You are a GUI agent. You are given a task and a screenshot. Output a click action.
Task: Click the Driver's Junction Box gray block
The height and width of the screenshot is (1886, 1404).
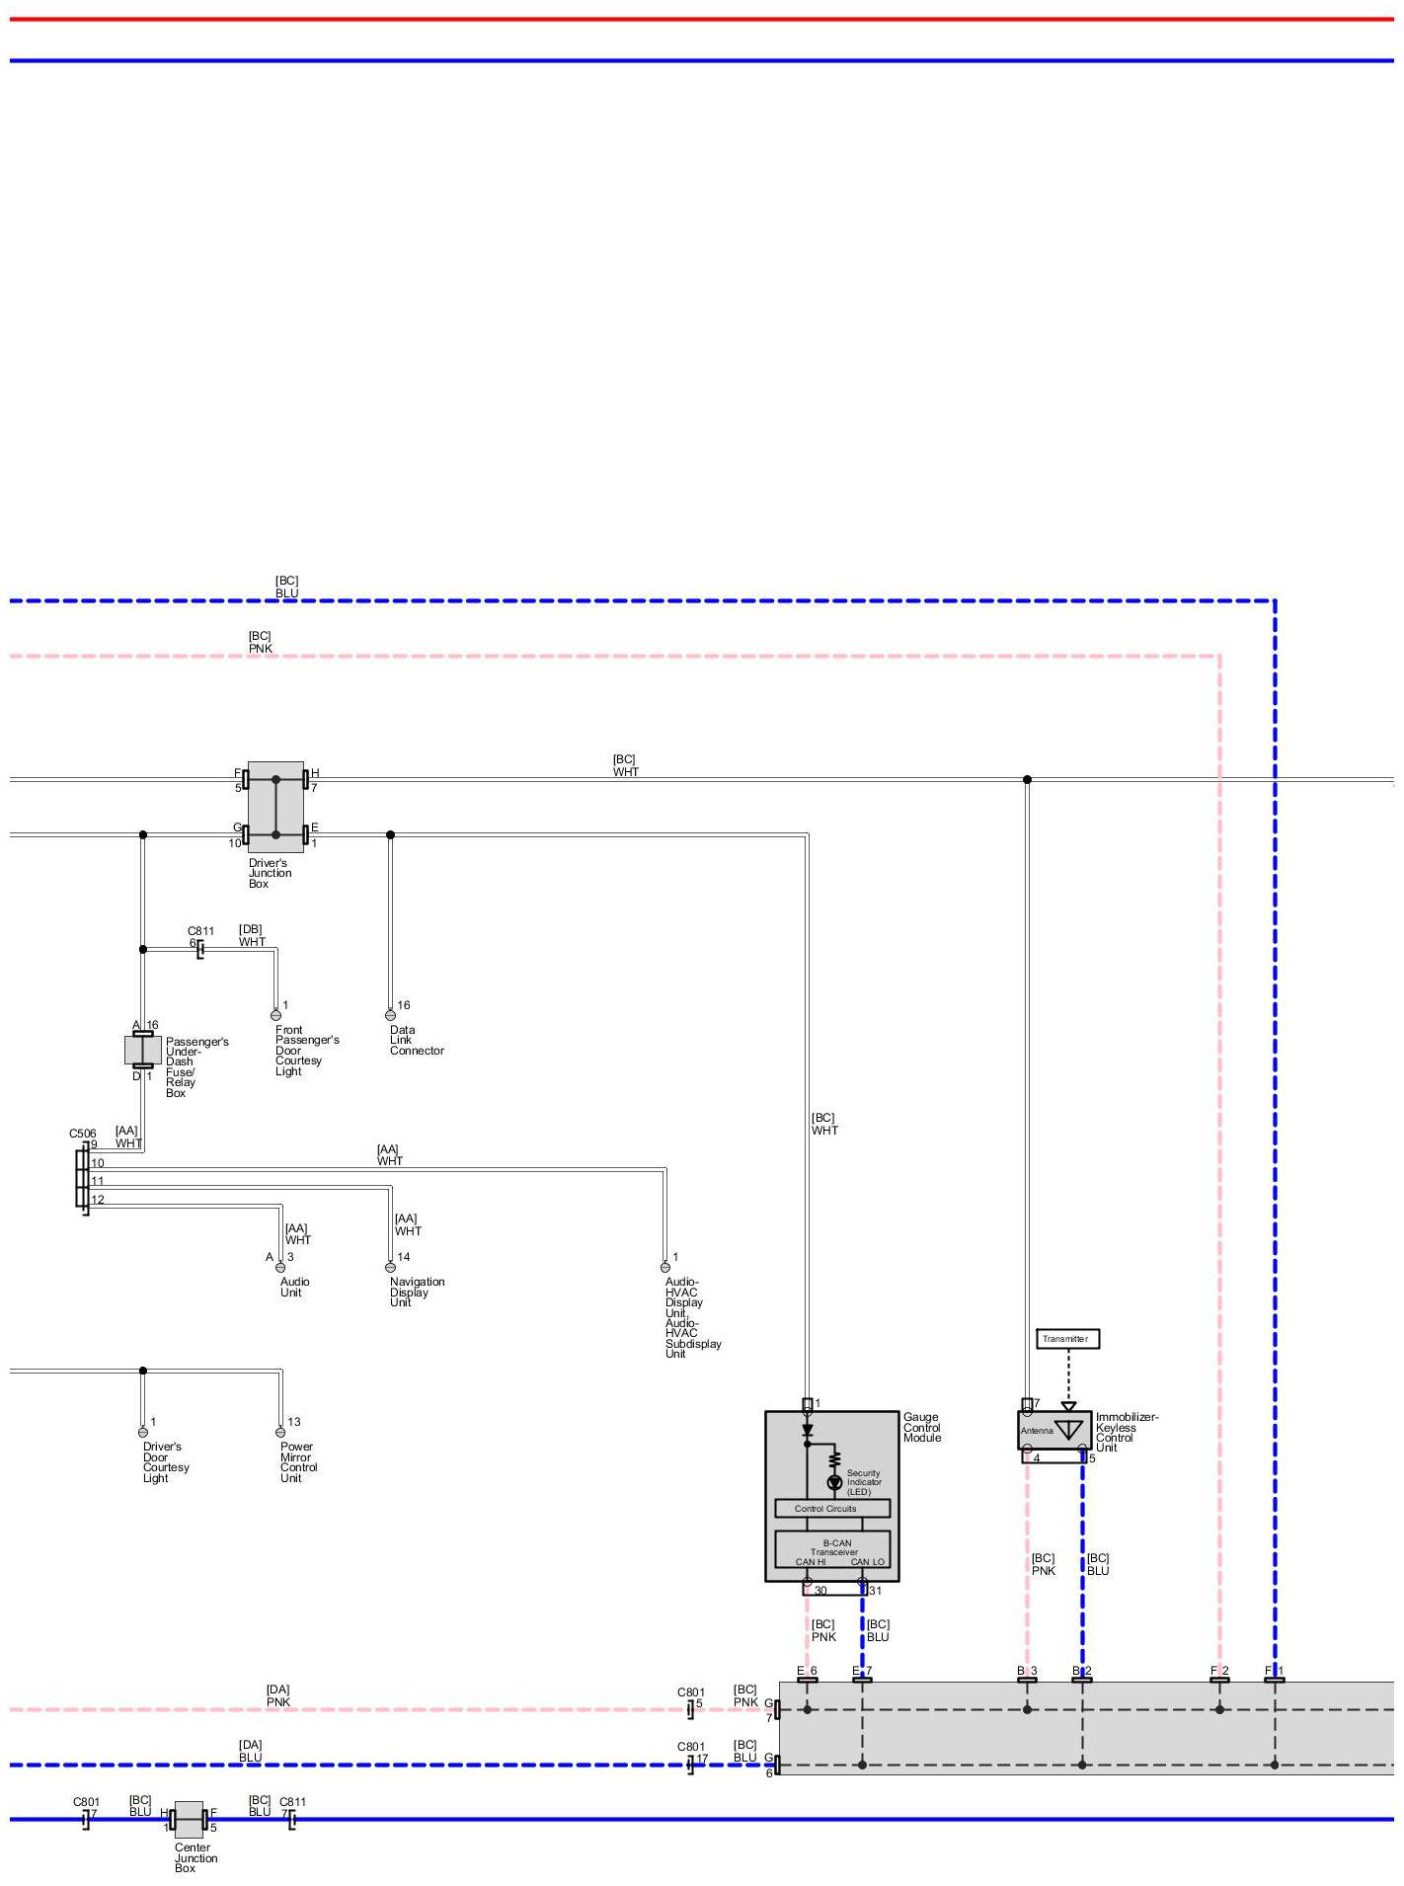click(x=275, y=806)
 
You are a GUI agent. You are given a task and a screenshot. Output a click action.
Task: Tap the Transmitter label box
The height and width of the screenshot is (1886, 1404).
click(x=1067, y=1339)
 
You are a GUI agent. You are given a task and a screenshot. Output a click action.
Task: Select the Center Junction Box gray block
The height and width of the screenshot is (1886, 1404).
click(x=189, y=1819)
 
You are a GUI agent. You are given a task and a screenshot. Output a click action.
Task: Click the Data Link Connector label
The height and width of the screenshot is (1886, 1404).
click(x=416, y=1040)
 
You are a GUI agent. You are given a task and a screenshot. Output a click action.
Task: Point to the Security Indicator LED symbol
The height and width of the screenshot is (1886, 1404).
click(x=834, y=1482)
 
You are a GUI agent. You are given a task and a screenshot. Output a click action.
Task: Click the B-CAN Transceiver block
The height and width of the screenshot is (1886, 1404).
click(x=832, y=1549)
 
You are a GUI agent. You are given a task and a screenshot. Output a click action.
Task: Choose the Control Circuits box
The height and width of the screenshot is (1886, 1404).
click(x=832, y=1509)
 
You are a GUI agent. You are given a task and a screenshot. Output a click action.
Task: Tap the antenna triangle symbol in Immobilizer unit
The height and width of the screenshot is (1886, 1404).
click(x=1068, y=1430)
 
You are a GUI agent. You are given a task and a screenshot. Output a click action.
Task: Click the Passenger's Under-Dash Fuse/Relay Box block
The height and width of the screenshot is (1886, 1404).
click(x=143, y=1050)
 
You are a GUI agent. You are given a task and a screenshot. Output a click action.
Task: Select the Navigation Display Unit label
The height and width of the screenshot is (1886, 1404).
click(x=417, y=1292)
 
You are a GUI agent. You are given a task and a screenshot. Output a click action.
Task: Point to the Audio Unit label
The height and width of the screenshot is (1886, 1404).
click(x=294, y=1287)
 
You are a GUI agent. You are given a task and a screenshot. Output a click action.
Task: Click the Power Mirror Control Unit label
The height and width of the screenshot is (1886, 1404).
click(x=298, y=1461)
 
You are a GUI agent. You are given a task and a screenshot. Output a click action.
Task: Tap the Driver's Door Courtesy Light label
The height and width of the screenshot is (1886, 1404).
click(x=165, y=1461)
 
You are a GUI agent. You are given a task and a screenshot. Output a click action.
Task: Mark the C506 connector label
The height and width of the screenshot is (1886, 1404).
click(x=83, y=1134)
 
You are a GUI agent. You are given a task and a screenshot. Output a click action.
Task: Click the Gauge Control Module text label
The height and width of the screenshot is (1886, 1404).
click(x=922, y=1427)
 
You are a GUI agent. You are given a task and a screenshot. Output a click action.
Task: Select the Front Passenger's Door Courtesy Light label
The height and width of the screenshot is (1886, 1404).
click(x=306, y=1050)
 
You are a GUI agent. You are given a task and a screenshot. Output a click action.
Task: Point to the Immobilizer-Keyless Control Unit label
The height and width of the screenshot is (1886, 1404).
click(x=1126, y=1432)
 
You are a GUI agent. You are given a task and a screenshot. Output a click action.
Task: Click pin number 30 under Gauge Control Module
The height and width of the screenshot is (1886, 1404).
click(x=820, y=1591)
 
